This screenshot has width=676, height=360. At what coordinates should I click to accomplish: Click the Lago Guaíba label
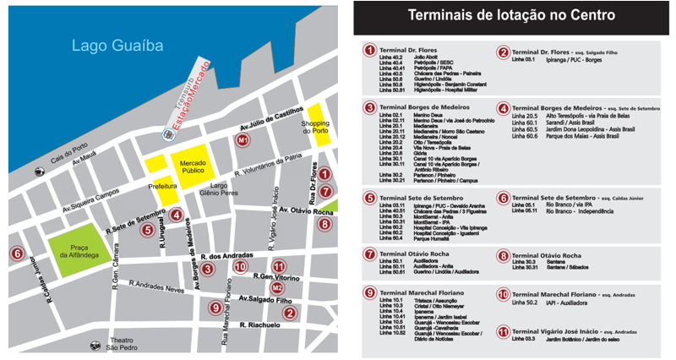pyautogui.click(x=117, y=46)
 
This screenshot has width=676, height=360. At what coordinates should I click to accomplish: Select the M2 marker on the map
pyautogui.click(x=278, y=288)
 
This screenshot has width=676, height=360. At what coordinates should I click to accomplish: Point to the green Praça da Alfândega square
pyautogui.click(x=79, y=249)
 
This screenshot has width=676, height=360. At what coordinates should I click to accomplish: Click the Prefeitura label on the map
pyautogui.click(x=161, y=185)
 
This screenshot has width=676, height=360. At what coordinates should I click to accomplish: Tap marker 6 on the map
pyautogui.click(x=16, y=253)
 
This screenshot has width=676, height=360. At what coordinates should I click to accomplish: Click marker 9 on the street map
pyautogui.click(x=216, y=308)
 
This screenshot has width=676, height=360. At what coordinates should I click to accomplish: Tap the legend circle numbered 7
pyautogui.click(x=369, y=254)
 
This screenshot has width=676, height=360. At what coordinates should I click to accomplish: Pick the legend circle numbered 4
pyautogui.click(x=504, y=108)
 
